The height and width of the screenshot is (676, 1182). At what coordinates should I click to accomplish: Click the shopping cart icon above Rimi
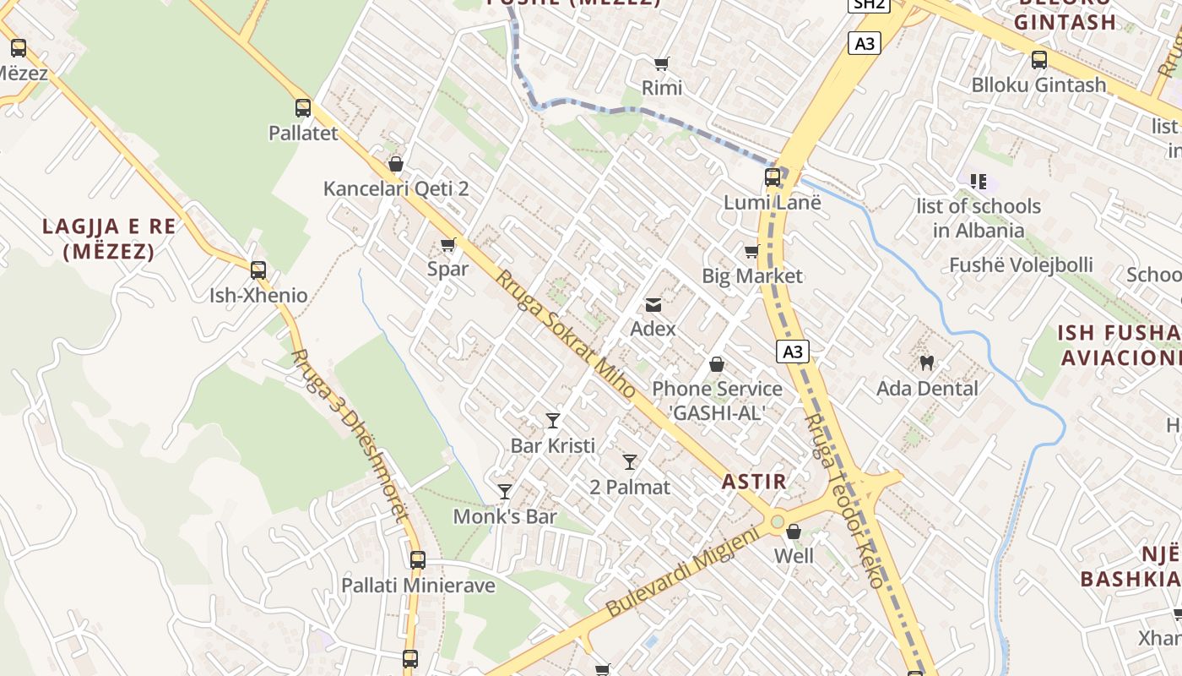[662, 63]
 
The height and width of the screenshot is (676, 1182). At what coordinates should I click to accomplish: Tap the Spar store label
[447, 270]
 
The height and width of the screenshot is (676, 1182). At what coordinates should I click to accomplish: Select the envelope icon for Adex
[653, 305]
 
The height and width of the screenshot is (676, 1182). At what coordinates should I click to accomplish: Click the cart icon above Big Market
[751, 251]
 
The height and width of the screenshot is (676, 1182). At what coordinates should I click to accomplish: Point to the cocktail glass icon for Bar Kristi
[553, 420]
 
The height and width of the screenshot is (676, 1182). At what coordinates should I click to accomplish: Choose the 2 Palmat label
[630, 487]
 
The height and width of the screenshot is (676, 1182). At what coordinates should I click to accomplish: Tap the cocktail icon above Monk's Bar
[505, 491]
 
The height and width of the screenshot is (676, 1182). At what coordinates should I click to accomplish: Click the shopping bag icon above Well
[794, 532]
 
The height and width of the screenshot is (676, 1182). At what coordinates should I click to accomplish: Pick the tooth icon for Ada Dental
[926, 363]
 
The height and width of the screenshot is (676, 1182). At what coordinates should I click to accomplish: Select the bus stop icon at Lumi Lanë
[773, 177]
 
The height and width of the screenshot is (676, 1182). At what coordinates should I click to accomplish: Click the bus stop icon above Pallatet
[303, 108]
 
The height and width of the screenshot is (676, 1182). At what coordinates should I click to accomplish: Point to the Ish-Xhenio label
[258, 296]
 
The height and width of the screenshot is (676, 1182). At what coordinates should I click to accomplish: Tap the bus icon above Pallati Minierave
[418, 559]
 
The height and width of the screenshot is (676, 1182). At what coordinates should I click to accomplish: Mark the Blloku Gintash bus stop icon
[1039, 60]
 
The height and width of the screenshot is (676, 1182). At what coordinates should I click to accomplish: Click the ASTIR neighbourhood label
[754, 482]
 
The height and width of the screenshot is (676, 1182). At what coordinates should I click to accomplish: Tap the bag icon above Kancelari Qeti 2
[395, 164]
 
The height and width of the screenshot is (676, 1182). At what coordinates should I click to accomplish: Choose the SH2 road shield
[869, 4]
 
